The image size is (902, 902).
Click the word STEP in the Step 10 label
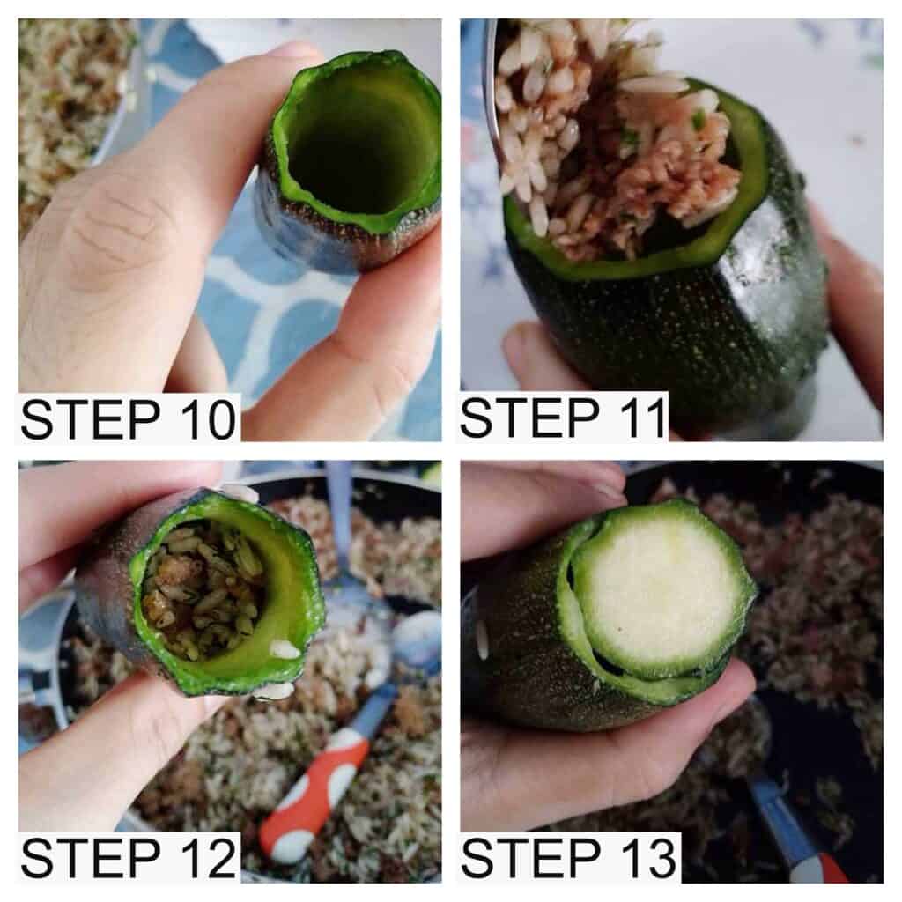pos(91,418)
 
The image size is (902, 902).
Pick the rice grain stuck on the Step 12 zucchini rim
pos(285,650)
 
